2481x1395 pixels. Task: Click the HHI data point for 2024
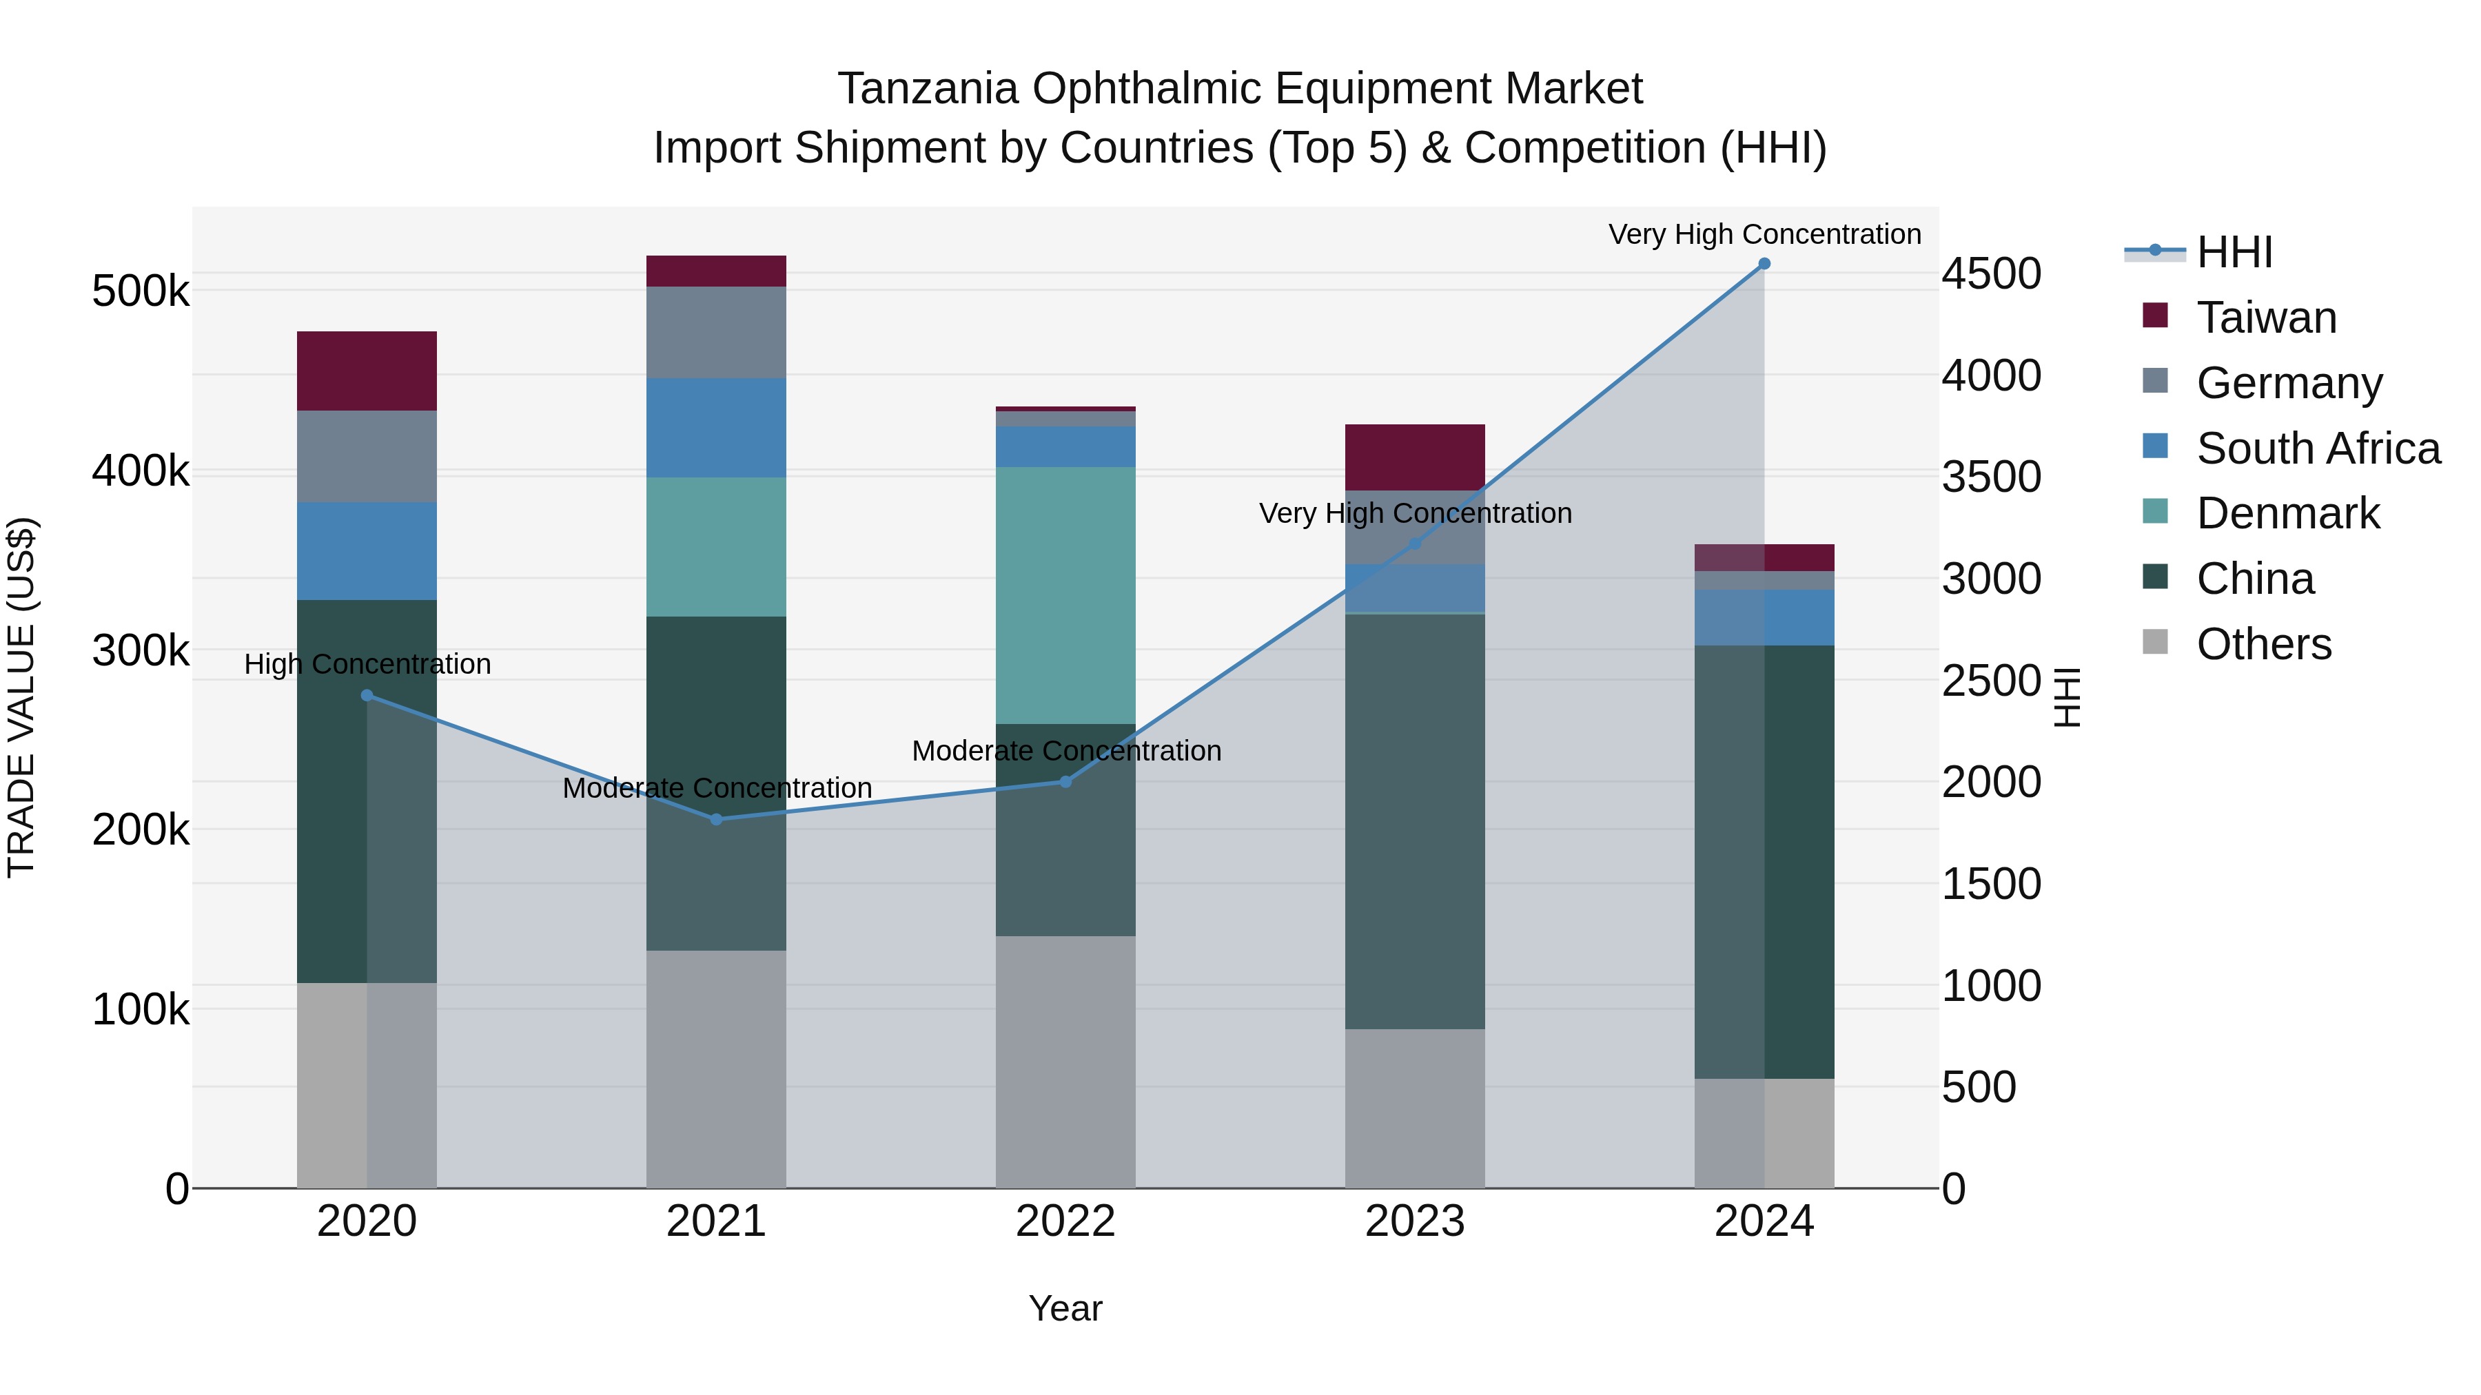coord(1764,264)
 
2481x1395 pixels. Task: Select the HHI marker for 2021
coord(715,819)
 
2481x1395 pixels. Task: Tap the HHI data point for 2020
coord(367,695)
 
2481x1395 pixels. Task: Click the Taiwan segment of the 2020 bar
coord(367,371)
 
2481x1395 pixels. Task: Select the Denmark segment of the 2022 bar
coord(1065,595)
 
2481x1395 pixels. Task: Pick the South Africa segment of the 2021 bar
coord(715,427)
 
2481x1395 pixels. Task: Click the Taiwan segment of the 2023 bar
coord(1415,457)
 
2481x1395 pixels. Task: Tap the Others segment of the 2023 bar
coord(1415,1107)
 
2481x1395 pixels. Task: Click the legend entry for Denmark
coord(2287,513)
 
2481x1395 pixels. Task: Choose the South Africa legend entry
coord(2317,448)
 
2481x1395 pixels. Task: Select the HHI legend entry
coord(2234,252)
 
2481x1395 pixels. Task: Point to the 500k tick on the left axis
coord(141,291)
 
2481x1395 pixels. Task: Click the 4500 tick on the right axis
coord(1990,273)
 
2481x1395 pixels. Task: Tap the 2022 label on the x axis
coord(1065,1221)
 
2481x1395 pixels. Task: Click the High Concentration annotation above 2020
coord(367,664)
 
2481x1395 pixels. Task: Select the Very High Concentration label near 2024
coord(1764,234)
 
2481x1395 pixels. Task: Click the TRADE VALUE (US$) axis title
coord(21,697)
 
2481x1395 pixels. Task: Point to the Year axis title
coord(1065,1308)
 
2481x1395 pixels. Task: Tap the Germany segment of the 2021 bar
coord(715,332)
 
